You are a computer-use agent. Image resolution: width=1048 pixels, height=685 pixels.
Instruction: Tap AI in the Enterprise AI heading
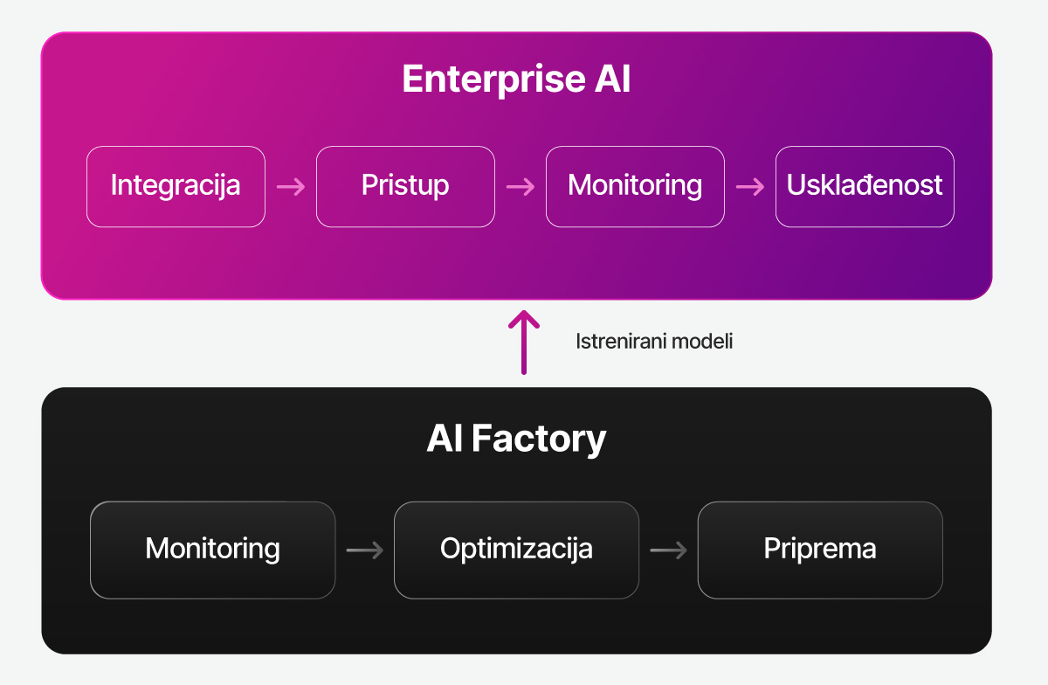coord(611,80)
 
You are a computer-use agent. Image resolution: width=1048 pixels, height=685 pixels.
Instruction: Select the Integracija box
coord(176,186)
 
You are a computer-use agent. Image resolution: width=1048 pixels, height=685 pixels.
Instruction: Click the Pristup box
coord(405,186)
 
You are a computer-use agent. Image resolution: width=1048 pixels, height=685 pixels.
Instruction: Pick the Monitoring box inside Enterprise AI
coord(635,186)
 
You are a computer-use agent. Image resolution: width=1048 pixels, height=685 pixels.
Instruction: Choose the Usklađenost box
coord(865,186)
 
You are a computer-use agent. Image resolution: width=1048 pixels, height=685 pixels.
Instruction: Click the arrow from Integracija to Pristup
coord(291,187)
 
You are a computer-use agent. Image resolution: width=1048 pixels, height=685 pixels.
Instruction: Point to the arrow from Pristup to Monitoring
coord(521,187)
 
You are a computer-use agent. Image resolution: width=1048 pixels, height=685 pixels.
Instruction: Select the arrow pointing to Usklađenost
coord(750,187)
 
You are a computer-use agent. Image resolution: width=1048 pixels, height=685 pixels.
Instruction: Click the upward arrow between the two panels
coord(524,342)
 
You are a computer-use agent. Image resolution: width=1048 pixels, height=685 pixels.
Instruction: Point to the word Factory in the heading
coord(539,439)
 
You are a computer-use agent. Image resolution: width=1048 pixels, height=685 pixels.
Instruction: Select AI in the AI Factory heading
coord(445,439)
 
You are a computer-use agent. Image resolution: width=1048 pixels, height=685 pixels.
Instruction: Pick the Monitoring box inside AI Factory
coord(212,550)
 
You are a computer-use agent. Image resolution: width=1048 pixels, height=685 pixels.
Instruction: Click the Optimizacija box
coord(516,550)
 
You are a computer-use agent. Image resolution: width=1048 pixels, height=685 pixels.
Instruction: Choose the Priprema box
coord(820,550)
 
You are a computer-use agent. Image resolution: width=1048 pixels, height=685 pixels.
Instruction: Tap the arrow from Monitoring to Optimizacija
coord(365,550)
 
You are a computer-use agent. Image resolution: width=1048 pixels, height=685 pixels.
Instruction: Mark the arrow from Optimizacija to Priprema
coord(669,550)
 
